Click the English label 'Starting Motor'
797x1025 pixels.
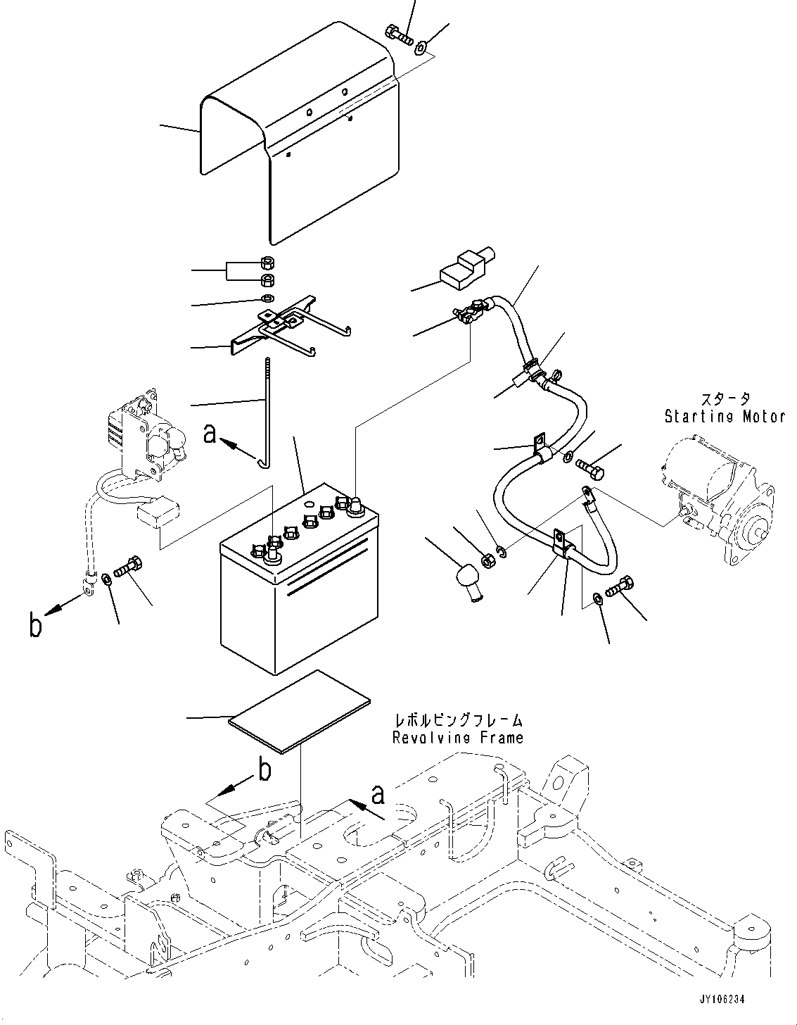point(725,416)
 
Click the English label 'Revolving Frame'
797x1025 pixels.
point(457,738)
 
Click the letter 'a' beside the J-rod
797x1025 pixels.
point(209,434)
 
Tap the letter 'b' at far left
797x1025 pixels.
point(36,624)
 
